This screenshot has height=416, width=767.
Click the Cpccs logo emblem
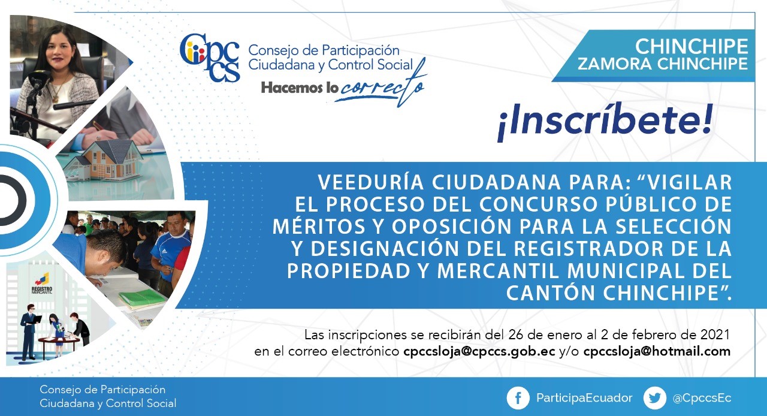210,58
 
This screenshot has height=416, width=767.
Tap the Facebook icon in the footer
518,398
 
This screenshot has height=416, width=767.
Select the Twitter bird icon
655,398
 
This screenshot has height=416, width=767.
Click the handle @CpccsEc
702,398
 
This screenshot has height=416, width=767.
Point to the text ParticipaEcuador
584,398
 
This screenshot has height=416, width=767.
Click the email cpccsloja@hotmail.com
657,352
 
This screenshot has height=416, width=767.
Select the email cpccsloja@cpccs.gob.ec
479,352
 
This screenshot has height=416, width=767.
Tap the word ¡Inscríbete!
605,122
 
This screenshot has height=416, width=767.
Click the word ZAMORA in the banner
615,64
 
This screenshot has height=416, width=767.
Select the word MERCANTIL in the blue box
498,272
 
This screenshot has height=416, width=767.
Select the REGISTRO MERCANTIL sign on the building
42,291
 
